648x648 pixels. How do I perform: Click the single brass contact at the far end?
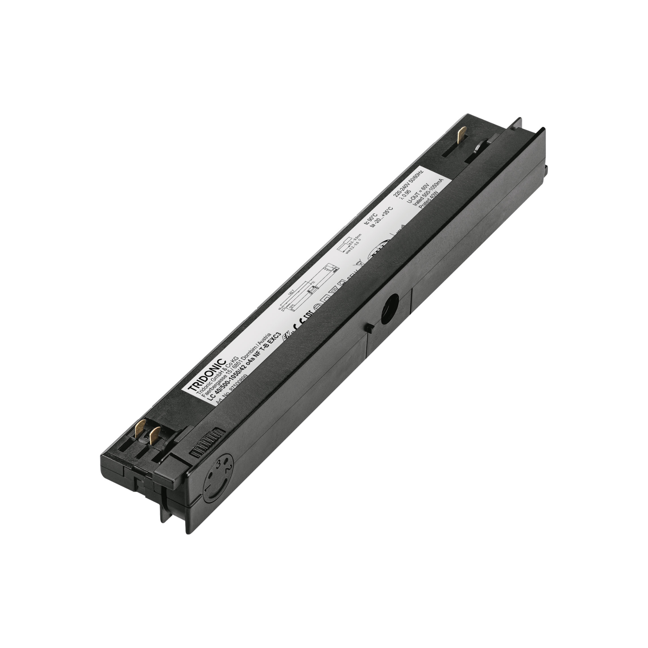click(x=462, y=133)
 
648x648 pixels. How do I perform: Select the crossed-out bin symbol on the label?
click(x=357, y=265)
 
